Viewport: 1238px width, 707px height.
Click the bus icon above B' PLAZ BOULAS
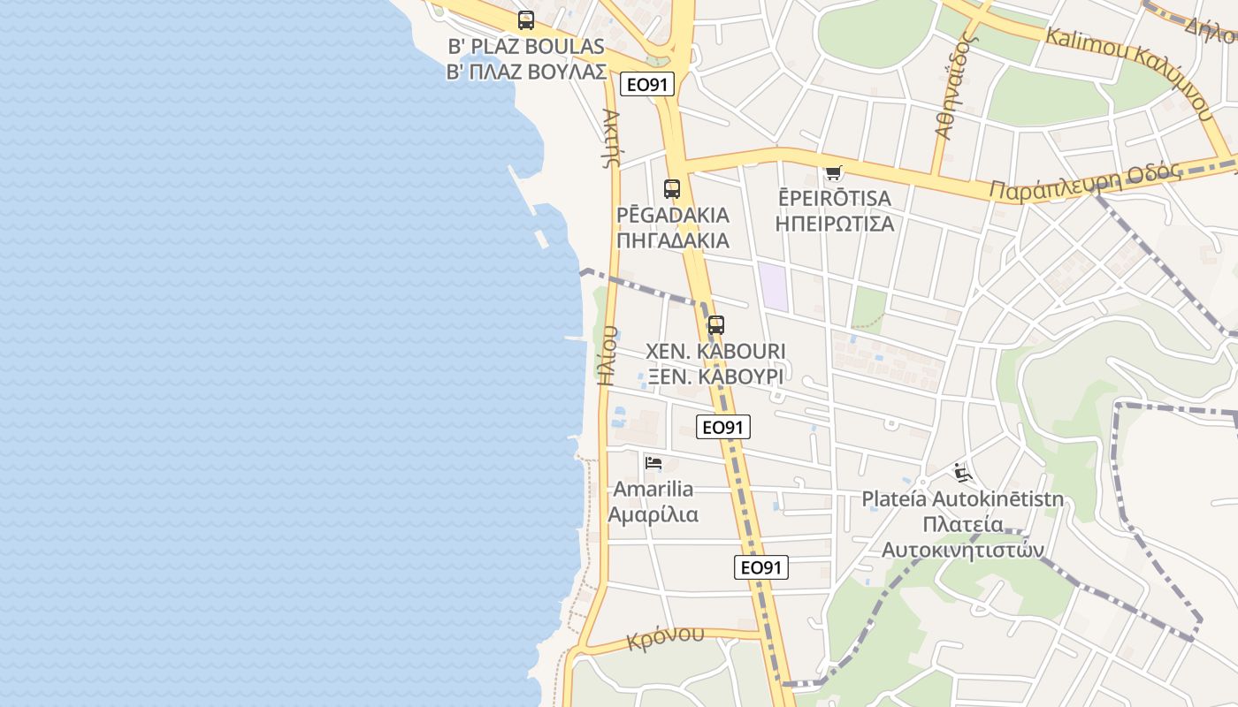coord(526,19)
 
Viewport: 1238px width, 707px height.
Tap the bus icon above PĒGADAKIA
coord(672,188)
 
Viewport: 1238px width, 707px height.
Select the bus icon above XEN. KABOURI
coord(715,324)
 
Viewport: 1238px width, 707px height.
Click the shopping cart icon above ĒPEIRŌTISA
coord(833,171)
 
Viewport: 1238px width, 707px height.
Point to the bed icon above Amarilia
coord(653,462)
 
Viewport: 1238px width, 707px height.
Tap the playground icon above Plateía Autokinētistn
coord(962,473)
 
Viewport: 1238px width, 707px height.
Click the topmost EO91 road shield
coord(647,84)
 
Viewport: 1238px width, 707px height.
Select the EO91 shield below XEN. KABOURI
coord(722,427)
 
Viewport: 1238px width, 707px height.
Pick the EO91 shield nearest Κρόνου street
coord(760,567)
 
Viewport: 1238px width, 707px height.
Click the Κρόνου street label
coord(666,637)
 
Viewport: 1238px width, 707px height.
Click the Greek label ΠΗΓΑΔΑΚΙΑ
coord(673,240)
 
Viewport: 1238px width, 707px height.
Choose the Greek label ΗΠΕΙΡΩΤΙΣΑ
coord(834,224)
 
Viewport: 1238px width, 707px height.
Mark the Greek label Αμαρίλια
coord(653,514)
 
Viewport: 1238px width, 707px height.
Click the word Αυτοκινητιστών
coord(962,550)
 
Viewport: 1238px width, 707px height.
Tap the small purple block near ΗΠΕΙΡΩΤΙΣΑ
coord(773,285)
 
